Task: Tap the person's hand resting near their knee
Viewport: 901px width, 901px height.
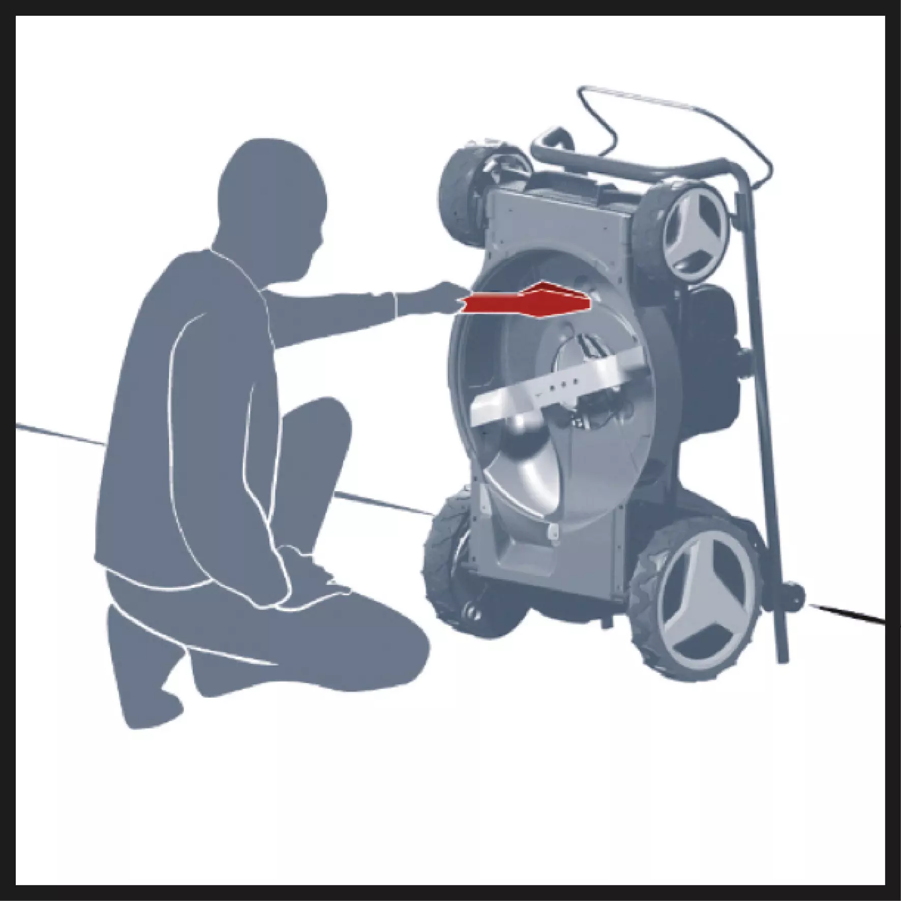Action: [x=305, y=564]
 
